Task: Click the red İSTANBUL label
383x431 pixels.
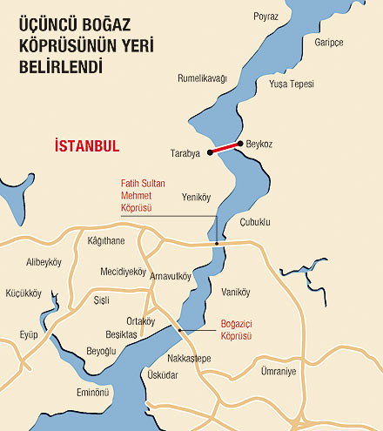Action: (86, 145)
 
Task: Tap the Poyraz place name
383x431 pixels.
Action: (266, 17)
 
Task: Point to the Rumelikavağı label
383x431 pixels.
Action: (202, 78)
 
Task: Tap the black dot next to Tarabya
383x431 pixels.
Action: (211, 152)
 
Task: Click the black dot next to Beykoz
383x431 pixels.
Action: (239, 143)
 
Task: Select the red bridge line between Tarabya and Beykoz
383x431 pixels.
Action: (225, 147)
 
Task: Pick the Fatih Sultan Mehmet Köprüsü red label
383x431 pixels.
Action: (142, 196)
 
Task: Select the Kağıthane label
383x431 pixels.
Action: (106, 240)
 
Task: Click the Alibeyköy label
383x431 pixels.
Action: (44, 262)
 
